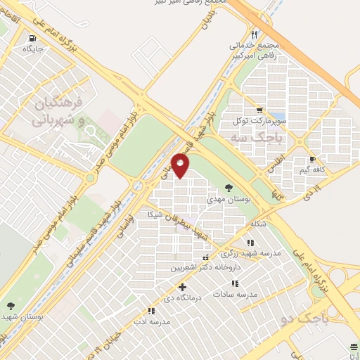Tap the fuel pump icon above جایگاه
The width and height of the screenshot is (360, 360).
point(32,39)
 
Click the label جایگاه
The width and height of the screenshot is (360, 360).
point(33,49)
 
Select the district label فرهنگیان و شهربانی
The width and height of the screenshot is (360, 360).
point(60,112)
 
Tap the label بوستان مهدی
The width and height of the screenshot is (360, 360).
point(227,200)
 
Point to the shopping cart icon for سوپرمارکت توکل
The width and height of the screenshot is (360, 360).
point(259,110)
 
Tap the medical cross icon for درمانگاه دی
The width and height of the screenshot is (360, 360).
point(183,287)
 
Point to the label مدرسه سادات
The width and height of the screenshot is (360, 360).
point(238,294)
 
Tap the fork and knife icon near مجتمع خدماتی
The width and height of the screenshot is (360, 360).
point(255,34)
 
